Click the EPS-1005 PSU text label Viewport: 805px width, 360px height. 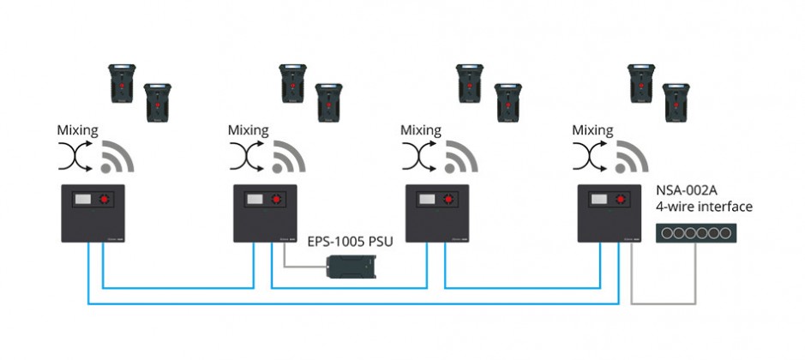pyautogui.click(x=350, y=242)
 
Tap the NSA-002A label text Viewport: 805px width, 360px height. pyautogui.click(x=687, y=191)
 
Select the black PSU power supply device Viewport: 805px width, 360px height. pyautogui.click(x=352, y=267)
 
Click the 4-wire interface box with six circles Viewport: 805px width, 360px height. pyautogui.click(x=695, y=233)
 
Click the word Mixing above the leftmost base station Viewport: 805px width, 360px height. pyautogui.click(x=77, y=130)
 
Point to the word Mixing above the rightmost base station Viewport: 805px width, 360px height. pyautogui.click(x=593, y=130)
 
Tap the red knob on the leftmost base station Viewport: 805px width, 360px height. pyautogui.click(x=105, y=199)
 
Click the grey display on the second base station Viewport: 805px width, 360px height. pyautogui.click(x=255, y=199)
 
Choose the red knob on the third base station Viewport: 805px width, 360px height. pyautogui.click(x=448, y=199)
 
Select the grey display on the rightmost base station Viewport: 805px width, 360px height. pyautogui.click(x=598, y=199)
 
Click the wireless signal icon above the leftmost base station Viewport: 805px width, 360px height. pyautogui.click(x=117, y=156)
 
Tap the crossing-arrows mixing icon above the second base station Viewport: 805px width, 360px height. pyautogui.click(x=247, y=156)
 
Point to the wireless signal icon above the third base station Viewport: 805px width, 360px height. pyautogui.click(x=461, y=156)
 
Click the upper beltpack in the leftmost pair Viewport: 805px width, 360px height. pyautogui.click(x=122, y=83)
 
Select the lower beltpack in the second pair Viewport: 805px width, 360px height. pyautogui.click(x=329, y=103)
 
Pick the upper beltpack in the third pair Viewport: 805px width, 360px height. pyautogui.click(x=470, y=83)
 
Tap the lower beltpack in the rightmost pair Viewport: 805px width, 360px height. pyautogui.click(x=676, y=103)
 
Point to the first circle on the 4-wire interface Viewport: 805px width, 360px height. pyautogui.click(x=666, y=233)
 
